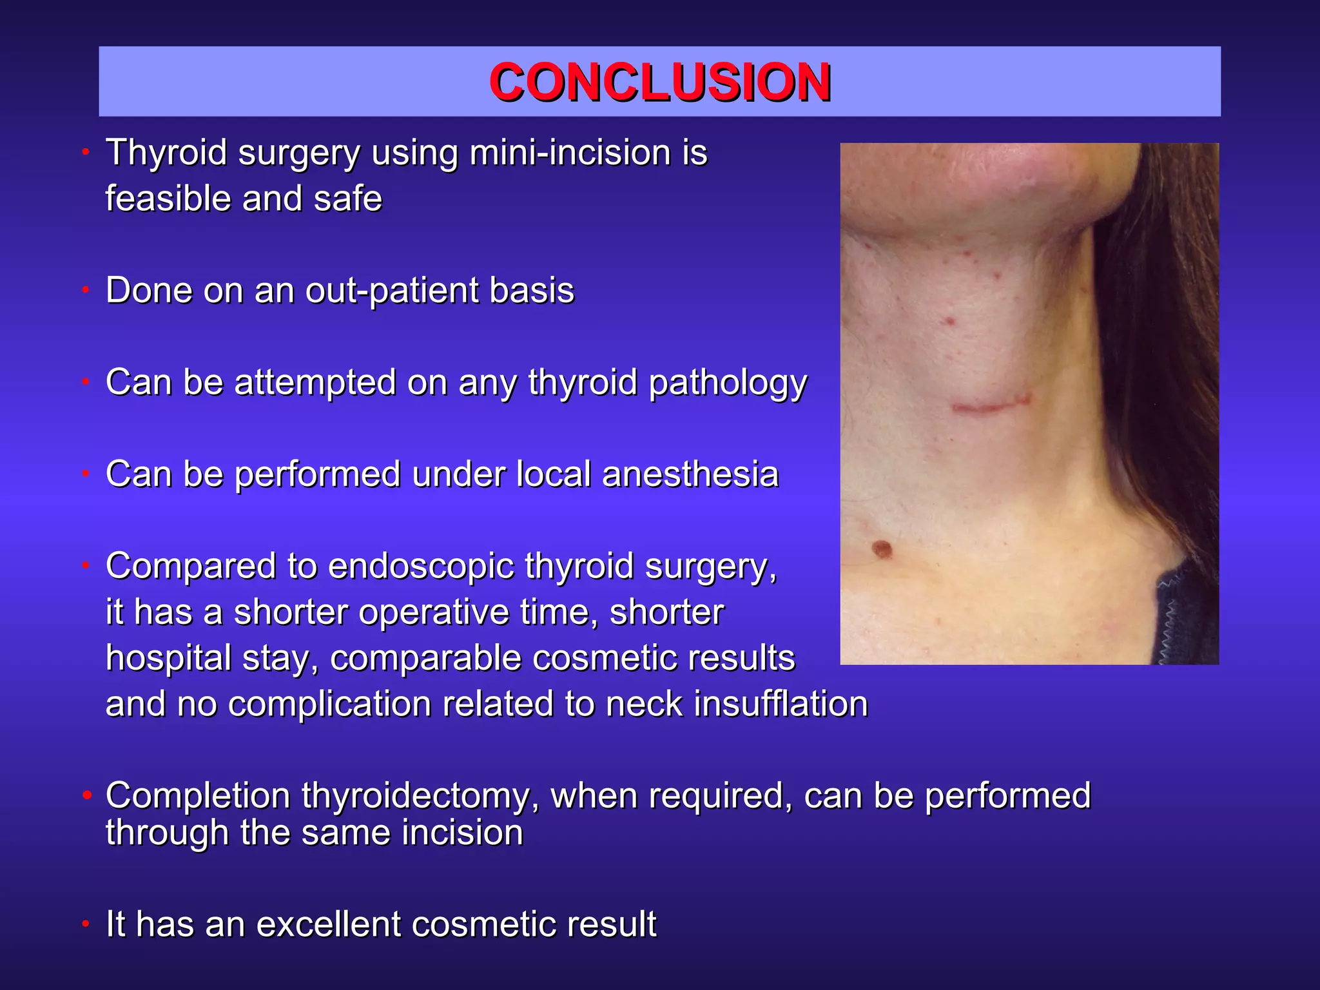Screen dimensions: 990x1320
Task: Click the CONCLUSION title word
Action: coord(659,82)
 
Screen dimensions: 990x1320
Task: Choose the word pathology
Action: coord(728,383)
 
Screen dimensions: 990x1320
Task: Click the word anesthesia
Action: coord(690,474)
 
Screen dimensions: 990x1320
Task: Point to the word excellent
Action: coord(328,924)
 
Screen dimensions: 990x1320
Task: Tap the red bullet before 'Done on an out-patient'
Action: coord(85,291)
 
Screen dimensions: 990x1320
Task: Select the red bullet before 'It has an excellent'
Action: coord(85,925)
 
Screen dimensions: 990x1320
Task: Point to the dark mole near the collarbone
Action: coord(882,550)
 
